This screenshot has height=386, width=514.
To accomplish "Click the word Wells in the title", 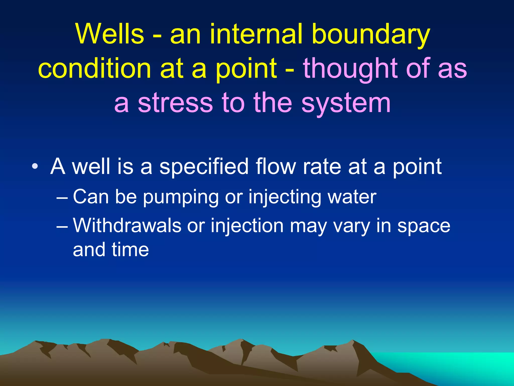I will (110, 34).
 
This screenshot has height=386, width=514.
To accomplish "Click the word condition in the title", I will (94, 68).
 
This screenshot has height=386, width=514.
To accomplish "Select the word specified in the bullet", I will (204, 167).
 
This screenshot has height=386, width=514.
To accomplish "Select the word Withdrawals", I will (127, 225).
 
